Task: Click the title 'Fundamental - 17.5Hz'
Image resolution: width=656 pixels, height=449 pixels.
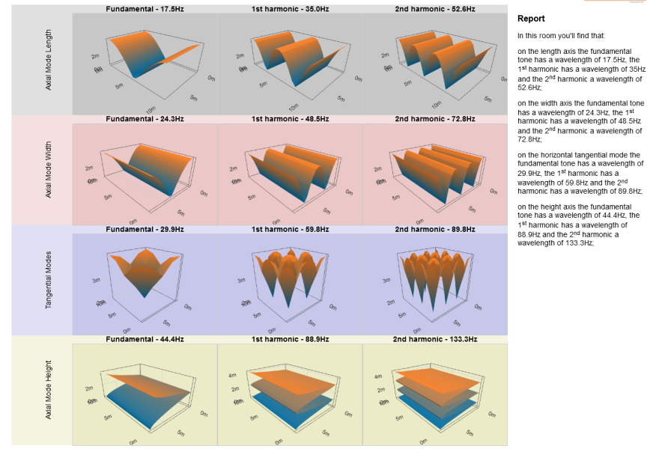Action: [x=145, y=9]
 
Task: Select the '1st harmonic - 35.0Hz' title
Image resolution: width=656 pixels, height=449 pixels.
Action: [x=290, y=9]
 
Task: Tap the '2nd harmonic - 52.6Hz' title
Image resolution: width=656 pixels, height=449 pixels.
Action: [x=434, y=9]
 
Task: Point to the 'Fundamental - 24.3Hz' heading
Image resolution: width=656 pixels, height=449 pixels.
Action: [x=145, y=119]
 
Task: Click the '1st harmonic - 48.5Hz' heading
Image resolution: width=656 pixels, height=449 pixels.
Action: [x=290, y=119]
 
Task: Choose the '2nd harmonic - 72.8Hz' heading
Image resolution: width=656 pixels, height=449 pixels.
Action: [x=434, y=119]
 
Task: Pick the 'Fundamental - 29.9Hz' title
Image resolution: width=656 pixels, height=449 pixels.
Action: [x=145, y=229]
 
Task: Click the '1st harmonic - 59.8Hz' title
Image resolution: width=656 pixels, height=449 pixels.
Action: [x=290, y=229]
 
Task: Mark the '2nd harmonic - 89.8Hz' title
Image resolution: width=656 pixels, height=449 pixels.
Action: [x=434, y=229]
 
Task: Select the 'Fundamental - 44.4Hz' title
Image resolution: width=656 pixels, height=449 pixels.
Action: [x=145, y=339]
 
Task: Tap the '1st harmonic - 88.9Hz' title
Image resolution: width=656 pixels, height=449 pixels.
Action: [x=290, y=339]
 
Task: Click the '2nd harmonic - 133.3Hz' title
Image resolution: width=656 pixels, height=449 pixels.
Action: [x=434, y=339]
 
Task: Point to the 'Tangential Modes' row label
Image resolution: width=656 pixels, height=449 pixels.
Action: [x=49, y=281]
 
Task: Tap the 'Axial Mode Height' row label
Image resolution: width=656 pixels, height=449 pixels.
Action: [x=49, y=391]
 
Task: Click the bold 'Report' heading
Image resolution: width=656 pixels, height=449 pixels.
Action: [x=531, y=19]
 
